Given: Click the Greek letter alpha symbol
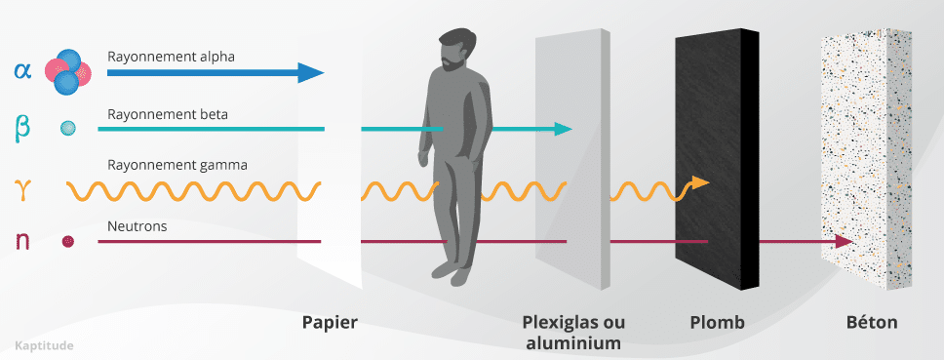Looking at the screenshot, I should click(22, 70).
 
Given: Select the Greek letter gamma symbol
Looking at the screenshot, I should click(22, 184).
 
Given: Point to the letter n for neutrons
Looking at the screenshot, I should click(22, 239).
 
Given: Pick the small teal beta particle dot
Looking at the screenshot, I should click(68, 128).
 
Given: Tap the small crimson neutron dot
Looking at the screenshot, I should click(68, 240).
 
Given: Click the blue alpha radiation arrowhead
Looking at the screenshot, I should click(310, 72).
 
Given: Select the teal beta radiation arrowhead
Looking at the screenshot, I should click(563, 129).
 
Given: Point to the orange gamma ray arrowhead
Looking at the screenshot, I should click(699, 181).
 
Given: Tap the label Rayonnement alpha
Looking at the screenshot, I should click(172, 57).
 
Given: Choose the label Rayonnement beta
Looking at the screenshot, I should click(169, 114).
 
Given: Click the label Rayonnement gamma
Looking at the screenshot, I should click(177, 165).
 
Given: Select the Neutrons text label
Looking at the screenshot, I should click(138, 225).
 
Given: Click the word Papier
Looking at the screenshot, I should click(330, 322).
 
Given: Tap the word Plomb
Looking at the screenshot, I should click(717, 322).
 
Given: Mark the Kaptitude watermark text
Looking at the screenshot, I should click(45, 345).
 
